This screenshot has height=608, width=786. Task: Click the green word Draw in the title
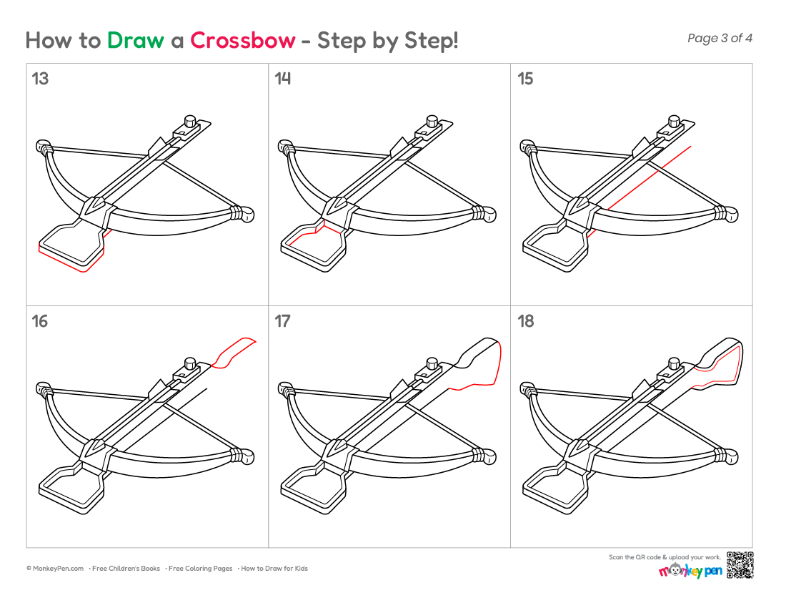(135, 40)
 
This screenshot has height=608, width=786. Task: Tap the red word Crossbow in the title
(243, 40)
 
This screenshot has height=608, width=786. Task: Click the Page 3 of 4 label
(720, 38)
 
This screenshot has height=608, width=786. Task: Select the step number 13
(40, 79)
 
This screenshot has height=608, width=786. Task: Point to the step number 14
(282, 79)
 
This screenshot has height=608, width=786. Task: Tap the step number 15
(525, 79)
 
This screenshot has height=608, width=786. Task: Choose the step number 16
(40, 321)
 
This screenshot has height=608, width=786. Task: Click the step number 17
(282, 321)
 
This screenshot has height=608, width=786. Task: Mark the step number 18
(525, 321)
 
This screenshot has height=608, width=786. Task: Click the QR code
(740, 565)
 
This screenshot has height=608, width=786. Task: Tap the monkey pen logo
(690, 571)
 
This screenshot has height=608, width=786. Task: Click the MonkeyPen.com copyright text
(55, 569)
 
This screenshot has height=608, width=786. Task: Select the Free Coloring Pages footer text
(201, 569)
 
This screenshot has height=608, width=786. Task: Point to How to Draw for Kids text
(274, 569)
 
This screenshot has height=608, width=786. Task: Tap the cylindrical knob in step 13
(190, 122)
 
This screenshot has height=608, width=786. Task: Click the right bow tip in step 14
(489, 214)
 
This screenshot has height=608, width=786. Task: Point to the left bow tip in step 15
(528, 147)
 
